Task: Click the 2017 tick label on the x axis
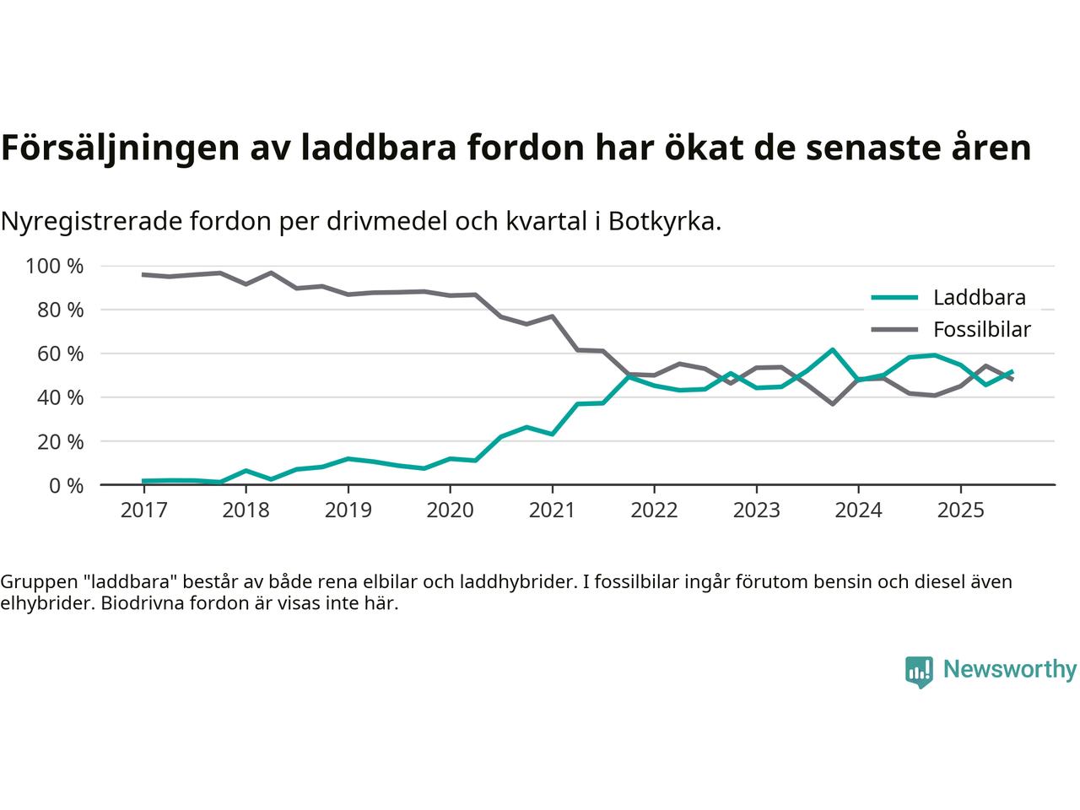[143, 510]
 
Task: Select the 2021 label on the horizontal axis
[552, 510]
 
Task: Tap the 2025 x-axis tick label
[960, 510]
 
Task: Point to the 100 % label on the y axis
[55, 267]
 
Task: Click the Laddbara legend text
[979, 298]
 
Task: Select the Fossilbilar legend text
[982, 330]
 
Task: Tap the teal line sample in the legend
[894, 297]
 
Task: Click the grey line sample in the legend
[894, 330]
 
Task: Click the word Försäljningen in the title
[118, 148]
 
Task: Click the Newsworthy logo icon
[919, 672]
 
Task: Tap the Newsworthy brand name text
[1009, 670]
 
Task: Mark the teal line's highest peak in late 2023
[832, 349]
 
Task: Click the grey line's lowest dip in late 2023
[832, 404]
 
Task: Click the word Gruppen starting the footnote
[35, 582]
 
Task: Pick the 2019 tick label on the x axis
[348, 510]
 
